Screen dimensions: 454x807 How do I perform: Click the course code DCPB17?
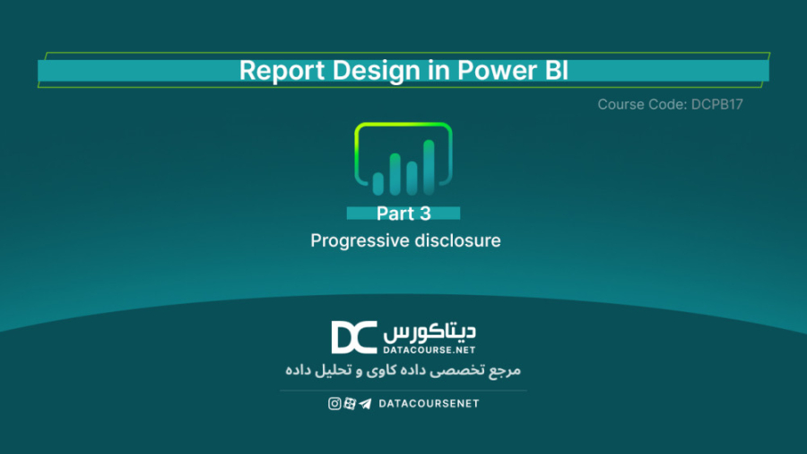click(717, 104)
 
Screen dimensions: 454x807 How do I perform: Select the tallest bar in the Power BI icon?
click(429, 166)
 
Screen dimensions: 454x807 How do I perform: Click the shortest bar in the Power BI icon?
click(378, 183)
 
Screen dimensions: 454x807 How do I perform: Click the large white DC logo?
click(353, 337)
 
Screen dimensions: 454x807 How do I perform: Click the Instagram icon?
click(334, 404)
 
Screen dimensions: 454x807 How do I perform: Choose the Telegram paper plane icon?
click(365, 404)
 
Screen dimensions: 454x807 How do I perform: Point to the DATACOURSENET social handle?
click(429, 404)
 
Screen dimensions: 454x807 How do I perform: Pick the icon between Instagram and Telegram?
click(350, 404)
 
